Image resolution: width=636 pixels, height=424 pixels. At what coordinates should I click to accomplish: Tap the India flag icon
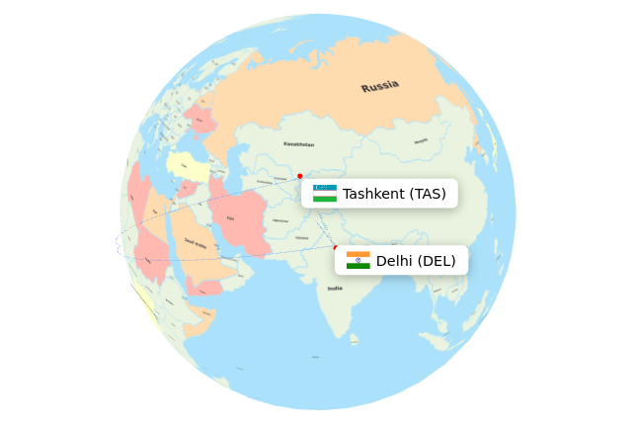pyautogui.click(x=358, y=260)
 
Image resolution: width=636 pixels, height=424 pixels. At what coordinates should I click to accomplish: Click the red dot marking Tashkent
pyautogui.click(x=300, y=176)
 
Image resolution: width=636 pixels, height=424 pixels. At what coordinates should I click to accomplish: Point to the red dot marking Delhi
pyautogui.click(x=336, y=247)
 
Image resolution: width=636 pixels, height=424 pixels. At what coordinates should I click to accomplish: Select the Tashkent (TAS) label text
pyautogui.click(x=394, y=194)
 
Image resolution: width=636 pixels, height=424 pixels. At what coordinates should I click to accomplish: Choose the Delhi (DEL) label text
pyautogui.click(x=416, y=261)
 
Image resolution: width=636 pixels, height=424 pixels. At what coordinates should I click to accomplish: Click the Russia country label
pyautogui.click(x=380, y=87)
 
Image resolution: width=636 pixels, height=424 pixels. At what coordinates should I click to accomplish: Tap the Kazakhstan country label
pyautogui.click(x=298, y=144)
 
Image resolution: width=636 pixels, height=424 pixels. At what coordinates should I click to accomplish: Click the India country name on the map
pyautogui.click(x=336, y=289)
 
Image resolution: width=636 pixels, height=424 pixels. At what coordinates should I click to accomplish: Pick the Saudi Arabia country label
pyautogui.click(x=196, y=243)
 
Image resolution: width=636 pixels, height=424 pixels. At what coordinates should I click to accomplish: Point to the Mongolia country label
pyautogui.click(x=421, y=141)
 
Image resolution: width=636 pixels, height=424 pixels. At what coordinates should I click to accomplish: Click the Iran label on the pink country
pyautogui.click(x=231, y=218)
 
